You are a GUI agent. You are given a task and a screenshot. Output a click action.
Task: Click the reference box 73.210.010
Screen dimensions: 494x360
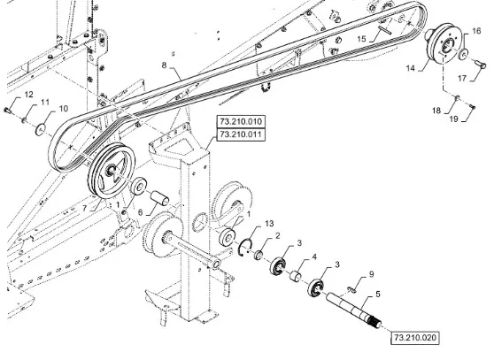[241, 121]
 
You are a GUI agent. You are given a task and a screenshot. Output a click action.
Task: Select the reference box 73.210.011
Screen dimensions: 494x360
[241, 134]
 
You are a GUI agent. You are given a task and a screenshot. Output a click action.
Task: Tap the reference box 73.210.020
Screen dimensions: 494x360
[414, 338]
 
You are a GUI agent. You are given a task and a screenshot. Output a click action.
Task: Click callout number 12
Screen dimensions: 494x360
[28, 95]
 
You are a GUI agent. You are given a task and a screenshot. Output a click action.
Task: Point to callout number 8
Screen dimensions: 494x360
[164, 65]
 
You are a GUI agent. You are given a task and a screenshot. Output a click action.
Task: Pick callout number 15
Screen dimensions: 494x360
[361, 39]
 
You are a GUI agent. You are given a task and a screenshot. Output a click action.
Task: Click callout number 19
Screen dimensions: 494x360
[453, 119]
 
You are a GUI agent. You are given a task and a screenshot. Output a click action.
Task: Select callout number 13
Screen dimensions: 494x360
[269, 224]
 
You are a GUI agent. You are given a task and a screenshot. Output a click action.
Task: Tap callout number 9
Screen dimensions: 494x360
[372, 274]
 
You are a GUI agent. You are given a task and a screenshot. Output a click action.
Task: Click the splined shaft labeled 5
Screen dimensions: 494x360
[354, 310]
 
